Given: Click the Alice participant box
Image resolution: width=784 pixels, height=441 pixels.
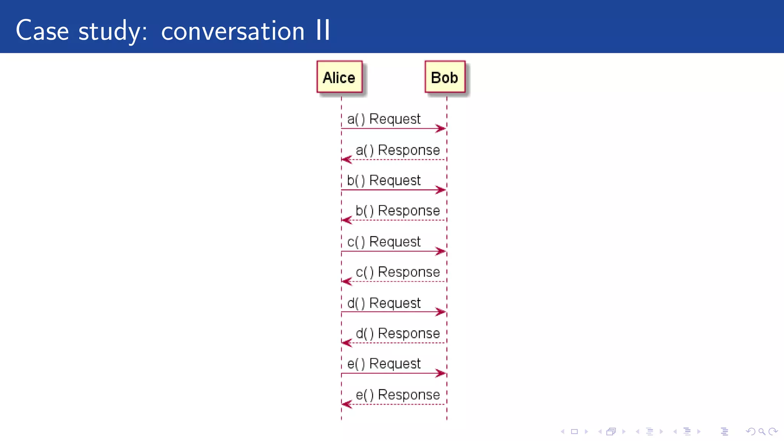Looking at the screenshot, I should coord(339,77).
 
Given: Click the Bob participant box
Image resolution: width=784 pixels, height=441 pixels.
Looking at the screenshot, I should coord(444,77).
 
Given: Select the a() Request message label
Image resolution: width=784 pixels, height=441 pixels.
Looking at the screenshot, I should coord(384,119).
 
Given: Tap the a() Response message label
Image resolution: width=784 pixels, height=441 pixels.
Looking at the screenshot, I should coord(398,150).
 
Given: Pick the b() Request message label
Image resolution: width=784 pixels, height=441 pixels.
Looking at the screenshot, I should coord(384,180).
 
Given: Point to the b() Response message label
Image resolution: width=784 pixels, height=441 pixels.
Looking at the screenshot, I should coord(398,211).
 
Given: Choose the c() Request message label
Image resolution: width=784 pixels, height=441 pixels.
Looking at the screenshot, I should coord(384,242).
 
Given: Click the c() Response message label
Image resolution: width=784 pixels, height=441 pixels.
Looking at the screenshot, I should coord(398,272).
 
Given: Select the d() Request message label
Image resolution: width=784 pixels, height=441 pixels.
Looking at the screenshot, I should coord(384,303).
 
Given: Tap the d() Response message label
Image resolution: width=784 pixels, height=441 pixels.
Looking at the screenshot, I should coord(398,333).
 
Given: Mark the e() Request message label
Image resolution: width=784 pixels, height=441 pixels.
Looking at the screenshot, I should coord(384,364).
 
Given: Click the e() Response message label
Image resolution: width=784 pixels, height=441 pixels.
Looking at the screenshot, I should coord(398,395).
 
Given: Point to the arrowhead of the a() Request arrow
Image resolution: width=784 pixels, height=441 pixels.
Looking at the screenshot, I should coord(441,129).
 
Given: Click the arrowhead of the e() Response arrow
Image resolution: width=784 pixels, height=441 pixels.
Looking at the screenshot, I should coord(346,404).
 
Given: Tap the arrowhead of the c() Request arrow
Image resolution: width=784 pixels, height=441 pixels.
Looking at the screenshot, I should coord(441,252).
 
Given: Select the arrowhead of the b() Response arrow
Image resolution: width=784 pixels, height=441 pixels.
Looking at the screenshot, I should coord(346,220).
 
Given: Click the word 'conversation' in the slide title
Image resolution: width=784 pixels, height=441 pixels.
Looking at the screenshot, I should coord(233,31).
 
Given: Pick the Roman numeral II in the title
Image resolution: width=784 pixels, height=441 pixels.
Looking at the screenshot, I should coord(323,30).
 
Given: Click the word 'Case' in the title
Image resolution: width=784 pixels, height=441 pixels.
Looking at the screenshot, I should coord(42,31).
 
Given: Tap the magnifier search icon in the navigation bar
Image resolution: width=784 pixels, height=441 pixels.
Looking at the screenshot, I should coord(762,432).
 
